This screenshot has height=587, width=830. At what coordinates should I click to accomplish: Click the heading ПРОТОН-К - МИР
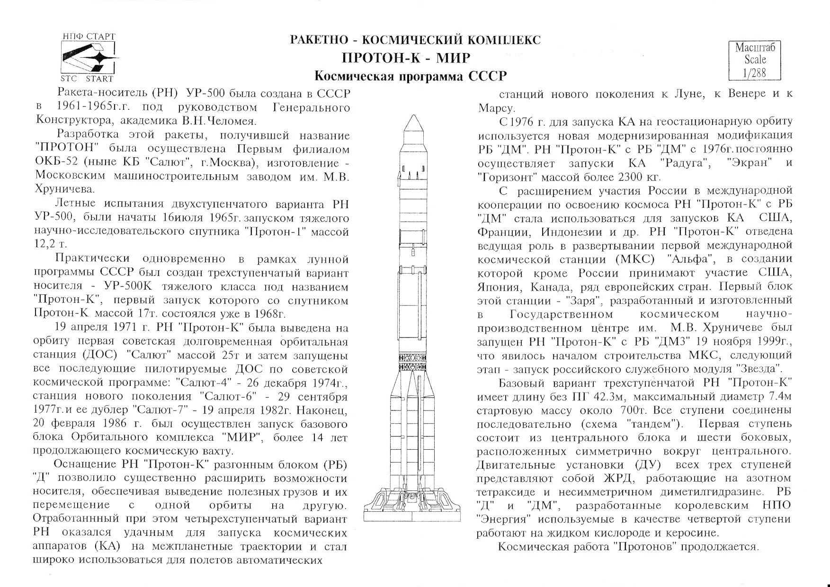[x=406, y=58]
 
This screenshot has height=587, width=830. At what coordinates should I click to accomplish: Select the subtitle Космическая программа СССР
[x=411, y=76]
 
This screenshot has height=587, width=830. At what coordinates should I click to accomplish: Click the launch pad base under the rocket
[x=412, y=507]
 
